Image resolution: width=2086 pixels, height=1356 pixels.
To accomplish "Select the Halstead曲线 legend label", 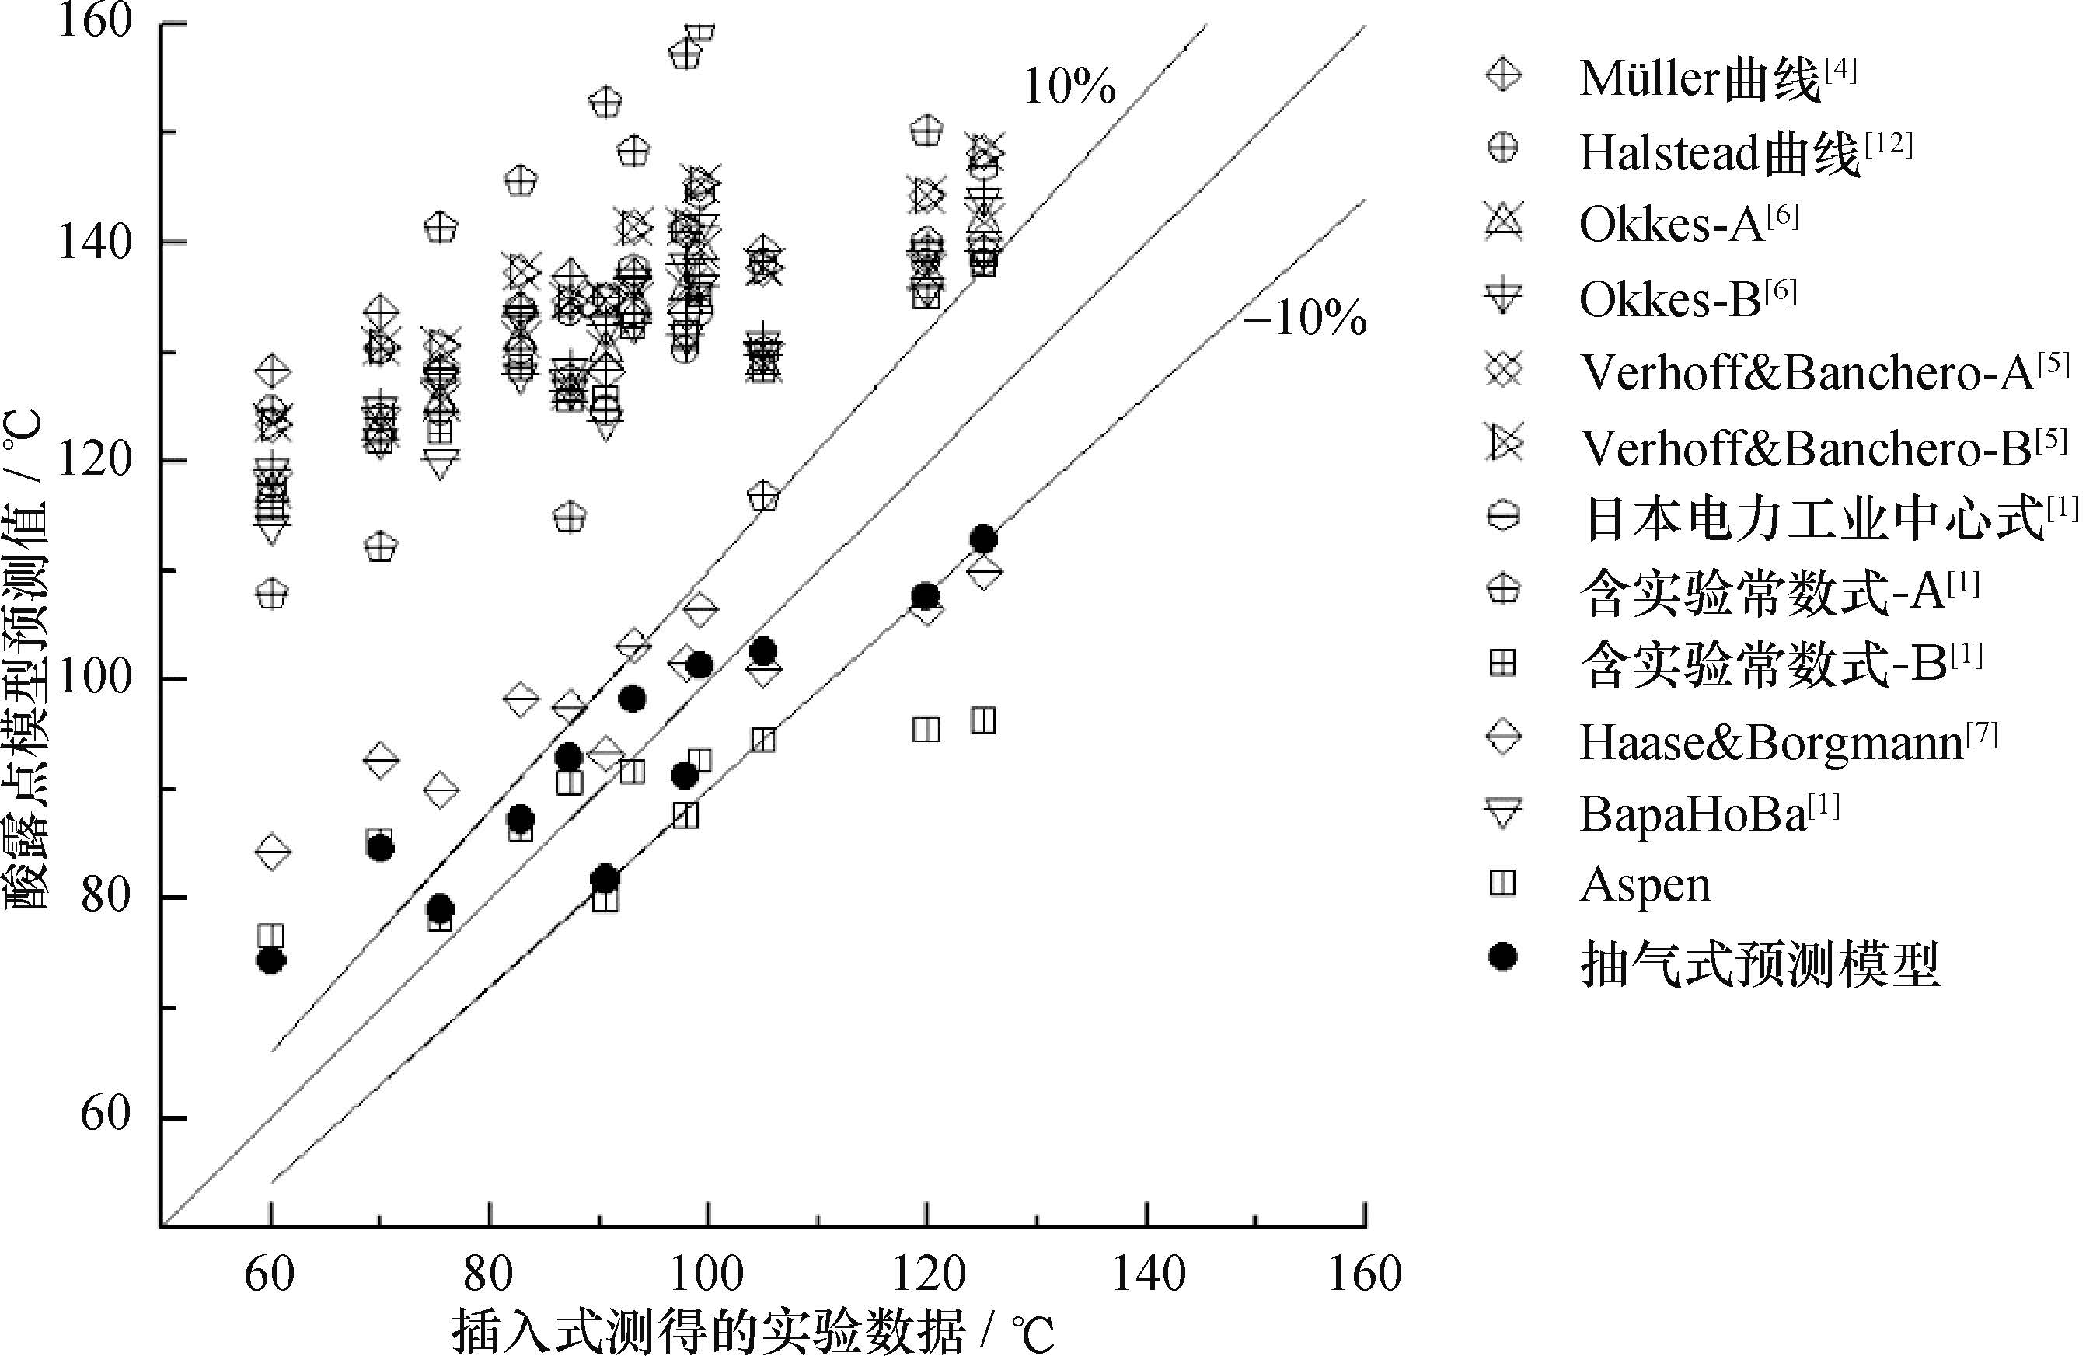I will (x=1744, y=153).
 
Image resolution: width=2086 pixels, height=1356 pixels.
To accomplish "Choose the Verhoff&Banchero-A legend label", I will (x=1823, y=372).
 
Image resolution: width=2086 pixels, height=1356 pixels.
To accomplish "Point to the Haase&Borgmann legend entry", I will (x=1788, y=742).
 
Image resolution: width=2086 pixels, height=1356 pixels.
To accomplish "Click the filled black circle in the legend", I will (x=1503, y=957).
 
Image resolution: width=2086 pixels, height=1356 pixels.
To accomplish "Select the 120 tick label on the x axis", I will (x=927, y=1273).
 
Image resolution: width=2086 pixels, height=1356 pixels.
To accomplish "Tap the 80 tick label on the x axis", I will (x=488, y=1273).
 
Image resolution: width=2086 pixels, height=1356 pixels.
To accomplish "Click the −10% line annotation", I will (x=1304, y=317).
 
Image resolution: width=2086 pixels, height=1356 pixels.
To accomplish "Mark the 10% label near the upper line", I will (x=1069, y=87).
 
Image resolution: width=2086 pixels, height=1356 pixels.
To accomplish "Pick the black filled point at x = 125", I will (x=983, y=539).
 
